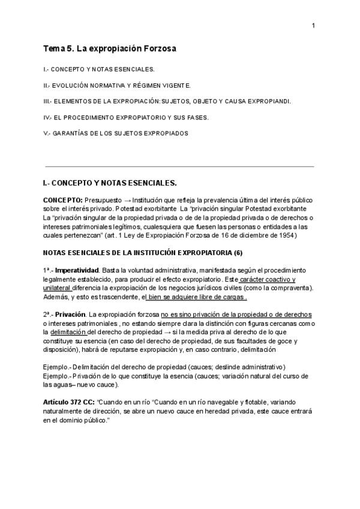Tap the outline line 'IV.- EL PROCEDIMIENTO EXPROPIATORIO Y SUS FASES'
pos(126,117)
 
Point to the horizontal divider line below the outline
pos(179,166)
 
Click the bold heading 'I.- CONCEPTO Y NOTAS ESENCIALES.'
pos(110,182)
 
